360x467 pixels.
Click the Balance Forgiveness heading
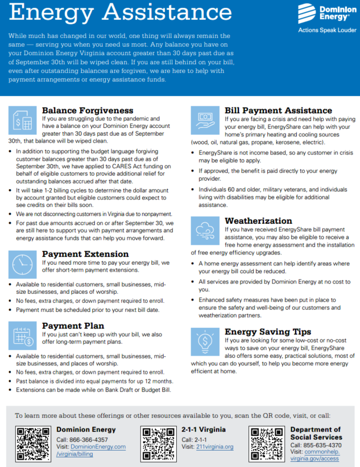coord(88,110)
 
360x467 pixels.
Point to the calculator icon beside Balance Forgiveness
coord(23,119)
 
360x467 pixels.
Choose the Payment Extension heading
coord(85,253)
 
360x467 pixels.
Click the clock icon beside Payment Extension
coord(23,262)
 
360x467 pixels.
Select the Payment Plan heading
coord(73,326)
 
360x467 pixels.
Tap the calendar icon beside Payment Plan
coord(23,335)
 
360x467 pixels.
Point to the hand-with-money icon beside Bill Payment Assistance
coord(205,119)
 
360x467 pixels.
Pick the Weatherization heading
coord(258,220)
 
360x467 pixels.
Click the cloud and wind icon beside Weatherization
coord(205,229)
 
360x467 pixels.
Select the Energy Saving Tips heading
coord(268,331)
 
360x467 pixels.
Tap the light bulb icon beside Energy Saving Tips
coord(205,340)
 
